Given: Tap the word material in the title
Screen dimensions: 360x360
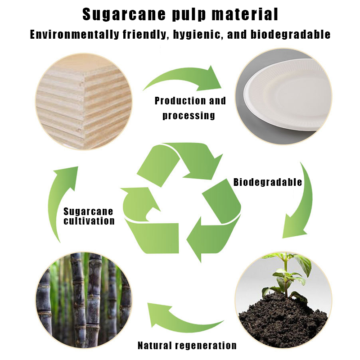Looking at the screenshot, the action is pyautogui.click(x=245, y=14).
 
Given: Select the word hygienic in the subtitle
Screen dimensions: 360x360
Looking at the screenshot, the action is pyautogui.click(x=198, y=35).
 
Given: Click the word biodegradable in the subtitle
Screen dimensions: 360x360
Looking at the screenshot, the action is pyautogui.click(x=290, y=35).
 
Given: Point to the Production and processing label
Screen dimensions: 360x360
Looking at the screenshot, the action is pyautogui.click(x=190, y=108).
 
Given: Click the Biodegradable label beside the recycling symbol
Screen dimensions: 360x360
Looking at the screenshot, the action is pyautogui.click(x=268, y=182).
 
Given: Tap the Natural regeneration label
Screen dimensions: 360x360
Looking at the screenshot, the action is pyautogui.click(x=187, y=345).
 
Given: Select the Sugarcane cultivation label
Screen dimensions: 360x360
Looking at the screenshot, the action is pyautogui.click(x=89, y=216).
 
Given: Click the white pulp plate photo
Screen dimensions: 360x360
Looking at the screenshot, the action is pyautogui.click(x=284, y=96).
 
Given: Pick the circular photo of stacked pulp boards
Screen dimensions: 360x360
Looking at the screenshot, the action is pyautogui.click(x=84, y=102).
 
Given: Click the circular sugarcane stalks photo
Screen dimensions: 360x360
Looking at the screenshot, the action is pyautogui.click(x=84, y=300).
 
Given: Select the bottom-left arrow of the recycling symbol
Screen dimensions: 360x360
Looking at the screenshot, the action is pyautogui.click(x=147, y=223).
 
